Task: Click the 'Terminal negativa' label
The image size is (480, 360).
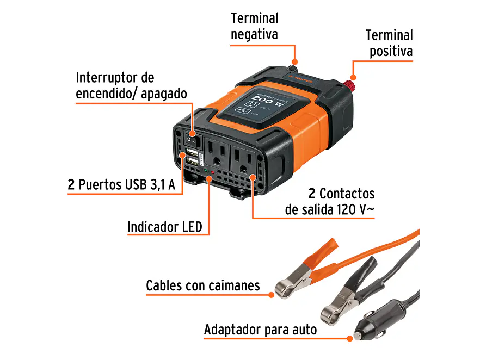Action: coord(254,26)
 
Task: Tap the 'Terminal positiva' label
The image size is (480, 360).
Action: coord(389,44)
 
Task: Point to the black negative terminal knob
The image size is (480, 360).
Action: coord(292,69)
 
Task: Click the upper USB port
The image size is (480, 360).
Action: coord(192,152)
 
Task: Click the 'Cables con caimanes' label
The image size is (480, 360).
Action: coord(202,285)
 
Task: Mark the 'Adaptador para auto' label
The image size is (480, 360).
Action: coord(260,330)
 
